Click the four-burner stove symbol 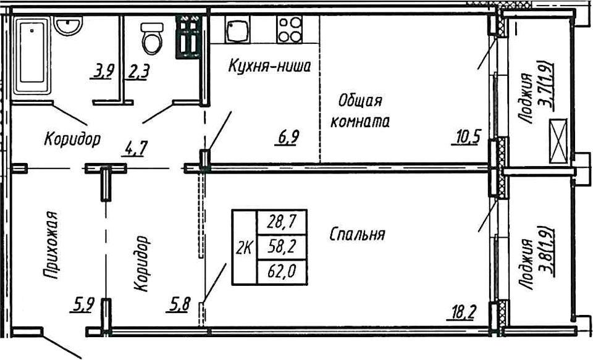pos(288,29)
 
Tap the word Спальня pos(358,234)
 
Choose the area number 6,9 pos(288,137)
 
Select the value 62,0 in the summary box pos(282,272)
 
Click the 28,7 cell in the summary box pos(282,221)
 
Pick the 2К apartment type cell pos(243,248)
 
